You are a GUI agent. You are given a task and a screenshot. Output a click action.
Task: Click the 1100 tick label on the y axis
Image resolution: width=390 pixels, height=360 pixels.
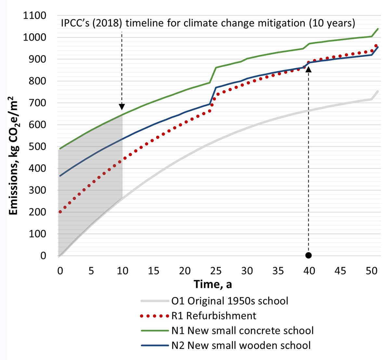pos(35,16)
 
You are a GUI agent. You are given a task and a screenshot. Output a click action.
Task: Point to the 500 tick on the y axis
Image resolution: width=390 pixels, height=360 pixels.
pos(38,147)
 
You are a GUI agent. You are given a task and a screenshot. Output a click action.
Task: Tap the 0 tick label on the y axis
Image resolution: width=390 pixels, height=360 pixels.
pos(43,256)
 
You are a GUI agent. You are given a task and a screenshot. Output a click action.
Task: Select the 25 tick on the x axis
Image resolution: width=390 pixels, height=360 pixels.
pos(216,271)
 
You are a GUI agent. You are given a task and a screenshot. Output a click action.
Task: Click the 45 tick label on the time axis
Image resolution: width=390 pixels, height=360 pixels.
pos(341,271)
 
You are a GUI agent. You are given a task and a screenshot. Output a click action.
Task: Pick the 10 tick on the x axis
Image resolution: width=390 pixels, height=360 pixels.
pos(123,271)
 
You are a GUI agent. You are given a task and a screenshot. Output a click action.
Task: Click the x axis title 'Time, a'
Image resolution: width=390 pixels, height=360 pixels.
pos(213,284)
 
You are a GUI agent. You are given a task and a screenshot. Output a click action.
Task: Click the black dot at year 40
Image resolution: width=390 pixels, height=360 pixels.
pos(308,255)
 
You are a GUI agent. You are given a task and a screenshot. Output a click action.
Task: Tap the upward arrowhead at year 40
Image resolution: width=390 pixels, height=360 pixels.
pos(308,69)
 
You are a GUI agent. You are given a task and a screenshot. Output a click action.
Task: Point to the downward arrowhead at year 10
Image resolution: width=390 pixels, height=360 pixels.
pos(122,107)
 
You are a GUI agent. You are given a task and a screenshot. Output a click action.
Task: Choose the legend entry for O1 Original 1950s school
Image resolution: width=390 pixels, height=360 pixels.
pos(230,301)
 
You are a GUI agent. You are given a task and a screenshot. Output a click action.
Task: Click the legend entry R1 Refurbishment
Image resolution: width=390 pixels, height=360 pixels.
pos(214,316)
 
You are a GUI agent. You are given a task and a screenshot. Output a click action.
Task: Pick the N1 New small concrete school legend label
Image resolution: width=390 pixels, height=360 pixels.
pos(242,331)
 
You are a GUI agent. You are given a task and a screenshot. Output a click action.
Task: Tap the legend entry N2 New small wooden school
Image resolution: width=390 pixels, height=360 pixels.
pos(241,345)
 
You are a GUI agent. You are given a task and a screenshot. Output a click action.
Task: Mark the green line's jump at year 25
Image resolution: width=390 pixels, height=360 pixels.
pos(213,75)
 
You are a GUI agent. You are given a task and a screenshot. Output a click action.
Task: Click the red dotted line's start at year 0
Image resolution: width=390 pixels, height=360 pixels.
pos(60,212)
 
